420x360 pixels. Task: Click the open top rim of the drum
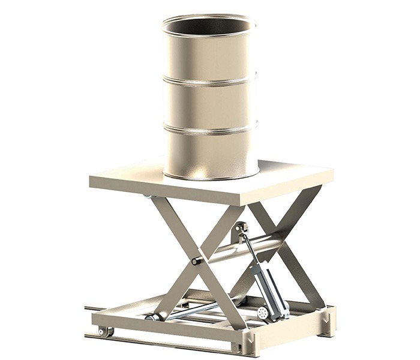point(210,17)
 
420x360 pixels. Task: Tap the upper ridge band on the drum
point(210,82)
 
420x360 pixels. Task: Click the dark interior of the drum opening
point(210,27)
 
